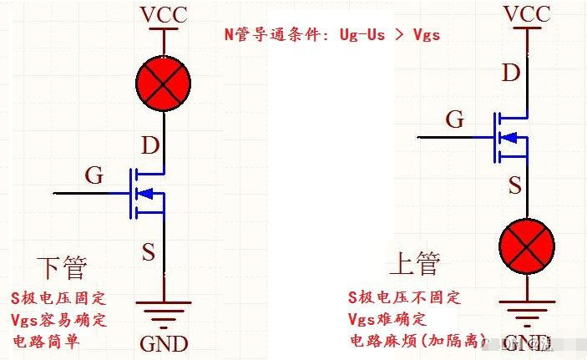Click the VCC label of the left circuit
point(164,15)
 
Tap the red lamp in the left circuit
point(163,82)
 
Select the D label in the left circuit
point(150,146)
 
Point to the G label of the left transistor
point(94,175)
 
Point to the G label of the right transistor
point(454,119)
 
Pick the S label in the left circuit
point(148,251)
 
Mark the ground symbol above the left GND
point(164,315)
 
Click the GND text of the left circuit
point(164,343)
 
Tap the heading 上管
point(413,265)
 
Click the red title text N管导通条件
point(331,35)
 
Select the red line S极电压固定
point(58,298)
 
